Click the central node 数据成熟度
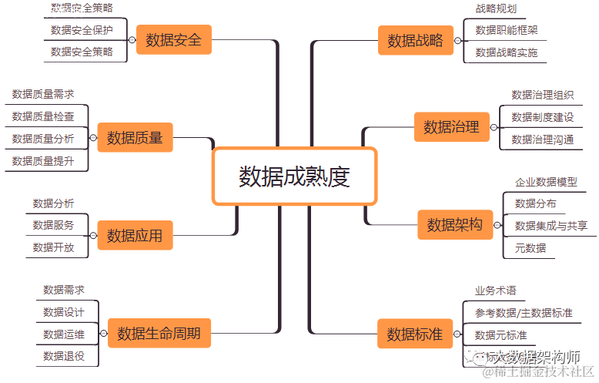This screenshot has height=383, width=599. click(294, 176)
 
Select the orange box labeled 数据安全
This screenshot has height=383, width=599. click(173, 40)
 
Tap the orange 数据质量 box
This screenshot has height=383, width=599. click(135, 138)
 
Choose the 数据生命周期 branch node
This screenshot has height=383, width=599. click(159, 334)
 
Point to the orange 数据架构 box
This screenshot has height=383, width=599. click(454, 225)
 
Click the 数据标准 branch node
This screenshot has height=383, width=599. click(415, 334)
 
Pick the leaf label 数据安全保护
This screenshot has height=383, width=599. click(82, 30)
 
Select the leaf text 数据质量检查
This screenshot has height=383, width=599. click(43, 116)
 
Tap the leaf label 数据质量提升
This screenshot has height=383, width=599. click(43, 161)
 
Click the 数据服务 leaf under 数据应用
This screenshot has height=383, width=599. click(54, 225)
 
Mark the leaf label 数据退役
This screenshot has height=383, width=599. click(64, 356)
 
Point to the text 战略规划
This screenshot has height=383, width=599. click(496, 8)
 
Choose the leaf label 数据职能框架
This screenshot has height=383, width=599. click(507, 30)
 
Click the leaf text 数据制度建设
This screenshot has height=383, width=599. click(543, 117)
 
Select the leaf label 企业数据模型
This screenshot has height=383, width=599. click(546, 183)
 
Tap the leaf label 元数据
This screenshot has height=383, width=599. click(530, 247)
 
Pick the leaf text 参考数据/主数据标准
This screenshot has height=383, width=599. click(524, 313)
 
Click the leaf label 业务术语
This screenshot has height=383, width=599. click(495, 291)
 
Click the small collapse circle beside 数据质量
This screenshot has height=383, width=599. click(92, 139)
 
